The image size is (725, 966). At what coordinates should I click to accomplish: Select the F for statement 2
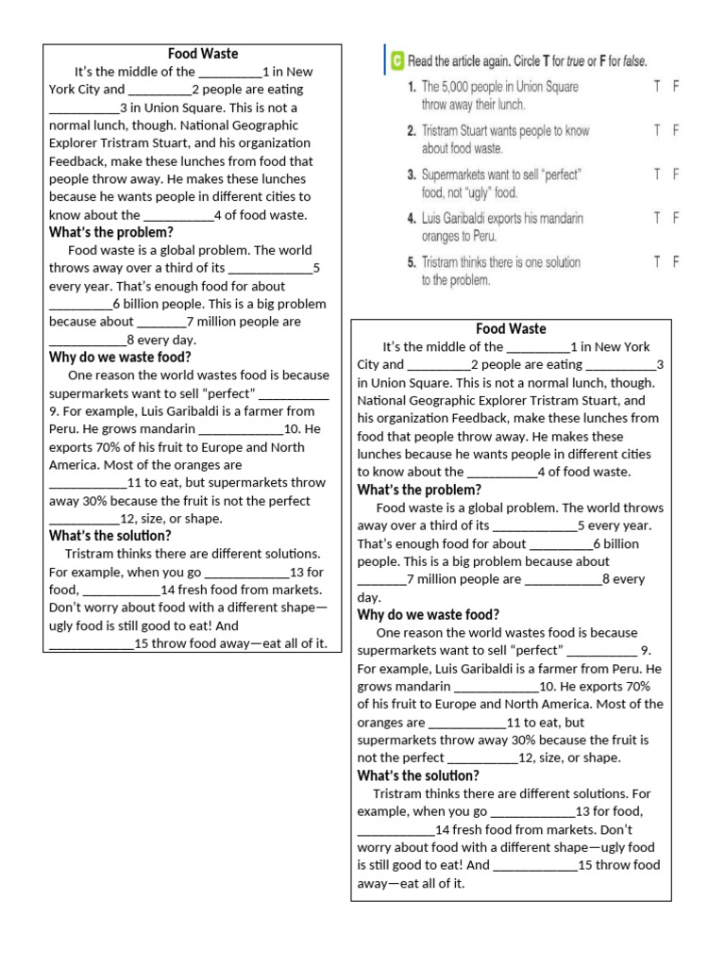[x=676, y=131]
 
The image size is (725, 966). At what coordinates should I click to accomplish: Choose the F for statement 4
[x=676, y=218]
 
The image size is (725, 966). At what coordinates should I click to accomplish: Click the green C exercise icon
[x=397, y=61]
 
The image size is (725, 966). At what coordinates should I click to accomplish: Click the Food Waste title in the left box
[x=202, y=54]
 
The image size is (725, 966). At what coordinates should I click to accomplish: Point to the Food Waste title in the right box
[x=511, y=329]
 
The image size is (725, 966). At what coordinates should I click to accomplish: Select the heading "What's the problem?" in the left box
[x=110, y=232]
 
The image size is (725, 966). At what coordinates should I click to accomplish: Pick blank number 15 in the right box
[x=534, y=866]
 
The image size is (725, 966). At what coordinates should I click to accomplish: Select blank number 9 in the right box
[x=602, y=651]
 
